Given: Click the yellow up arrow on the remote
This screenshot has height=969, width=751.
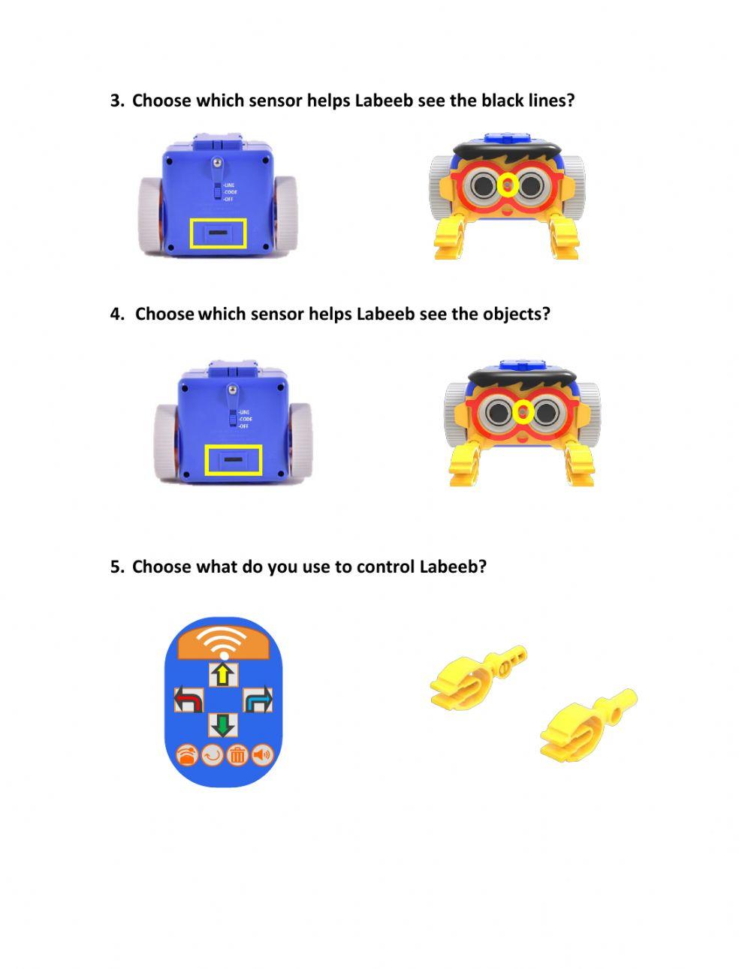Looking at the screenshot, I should click(222, 674).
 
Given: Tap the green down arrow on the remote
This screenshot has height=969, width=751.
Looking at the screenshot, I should click(222, 724).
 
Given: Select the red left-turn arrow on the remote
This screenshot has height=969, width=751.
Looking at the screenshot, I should click(189, 700).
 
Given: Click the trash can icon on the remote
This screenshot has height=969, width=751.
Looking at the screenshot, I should click(237, 754).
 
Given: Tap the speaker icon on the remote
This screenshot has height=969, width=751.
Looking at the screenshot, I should click(262, 754).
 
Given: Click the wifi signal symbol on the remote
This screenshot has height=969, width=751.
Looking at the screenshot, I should click(224, 642).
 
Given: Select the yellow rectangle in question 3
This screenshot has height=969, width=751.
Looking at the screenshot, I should click(218, 234).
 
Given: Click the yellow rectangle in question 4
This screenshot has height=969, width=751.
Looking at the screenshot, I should click(234, 460).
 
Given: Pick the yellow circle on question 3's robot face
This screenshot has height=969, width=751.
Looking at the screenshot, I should click(508, 185).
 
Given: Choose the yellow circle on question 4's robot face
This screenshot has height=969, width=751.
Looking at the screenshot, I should click(523, 411).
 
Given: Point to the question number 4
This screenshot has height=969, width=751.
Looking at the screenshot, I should click(116, 314).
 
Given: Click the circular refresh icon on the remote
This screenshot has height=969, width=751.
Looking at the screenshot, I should click(213, 754).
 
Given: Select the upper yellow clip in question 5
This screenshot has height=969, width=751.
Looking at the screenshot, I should click(476, 675).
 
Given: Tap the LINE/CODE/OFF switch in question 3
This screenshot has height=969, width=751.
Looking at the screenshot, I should click(217, 191).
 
